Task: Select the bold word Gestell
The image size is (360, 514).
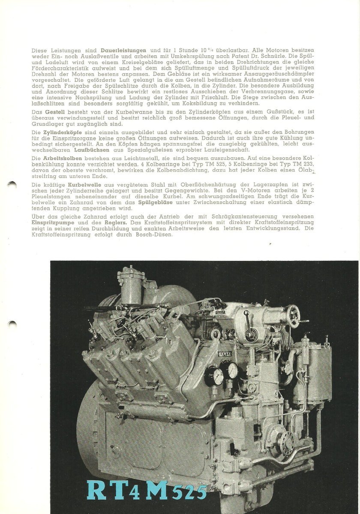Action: pos(54,112)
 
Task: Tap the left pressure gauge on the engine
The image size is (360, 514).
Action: pos(217,376)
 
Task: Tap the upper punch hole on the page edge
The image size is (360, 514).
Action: pos(12,185)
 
